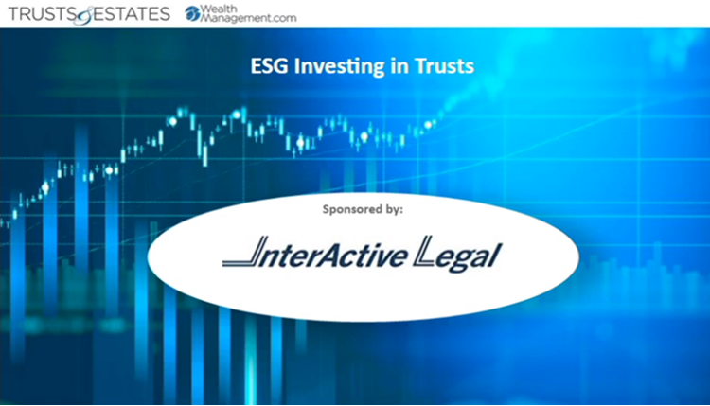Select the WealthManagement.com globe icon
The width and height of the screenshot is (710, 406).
192,13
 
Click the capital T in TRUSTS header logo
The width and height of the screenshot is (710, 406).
9,13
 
